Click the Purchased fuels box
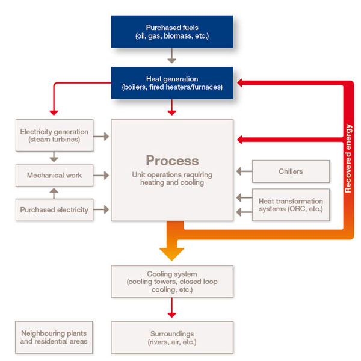coord(171,31)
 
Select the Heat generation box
coord(171,83)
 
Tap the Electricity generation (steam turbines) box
coord(54,136)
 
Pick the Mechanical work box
coord(54,176)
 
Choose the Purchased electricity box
coord(54,210)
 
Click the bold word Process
coord(172,161)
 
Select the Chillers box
coord(291,171)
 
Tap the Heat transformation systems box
coord(291,205)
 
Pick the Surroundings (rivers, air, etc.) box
coord(172,337)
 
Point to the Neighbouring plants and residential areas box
coord(54,337)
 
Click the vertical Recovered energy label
coord(348,158)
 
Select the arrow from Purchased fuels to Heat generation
coord(172,57)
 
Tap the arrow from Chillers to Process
coord(243,172)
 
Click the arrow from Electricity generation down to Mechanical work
coord(54,156)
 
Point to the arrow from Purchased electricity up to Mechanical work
coord(54,193)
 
